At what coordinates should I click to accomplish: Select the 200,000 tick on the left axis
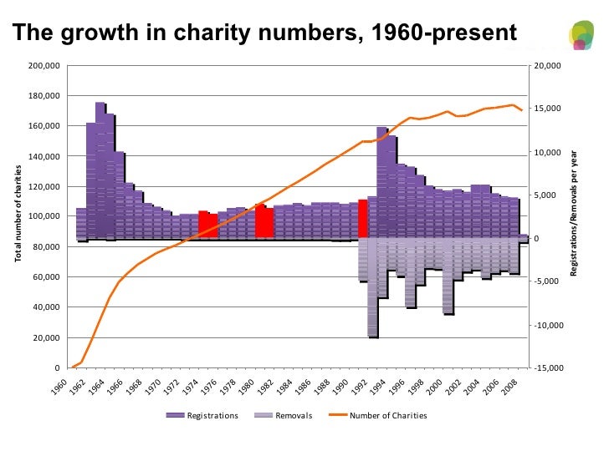click(x=44, y=65)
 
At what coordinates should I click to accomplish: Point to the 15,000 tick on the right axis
click(x=550, y=109)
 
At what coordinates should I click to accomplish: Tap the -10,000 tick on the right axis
click(x=549, y=325)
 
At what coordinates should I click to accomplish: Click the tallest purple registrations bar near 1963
click(x=100, y=167)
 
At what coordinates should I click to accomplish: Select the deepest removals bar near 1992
click(x=373, y=287)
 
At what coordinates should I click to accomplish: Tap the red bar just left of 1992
click(x=362, y=219)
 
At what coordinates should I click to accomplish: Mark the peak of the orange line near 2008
click(x=512, y=104)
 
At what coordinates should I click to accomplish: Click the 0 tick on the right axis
click(x=539, y=238)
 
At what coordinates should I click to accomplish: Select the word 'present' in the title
click(x=480, y=33)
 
